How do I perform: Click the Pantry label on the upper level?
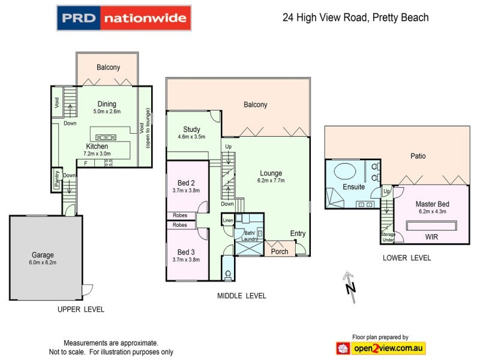point(56,179)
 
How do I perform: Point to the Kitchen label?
point(97,146)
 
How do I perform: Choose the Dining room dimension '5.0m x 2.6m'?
point(107,112)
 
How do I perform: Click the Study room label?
point(192,129)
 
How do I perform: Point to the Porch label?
point(280,251)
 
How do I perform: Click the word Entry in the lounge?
point(298,233)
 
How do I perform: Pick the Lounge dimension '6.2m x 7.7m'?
point(271,180)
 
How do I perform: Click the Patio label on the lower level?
point(418,156)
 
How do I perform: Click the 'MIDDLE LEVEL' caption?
point(242,296)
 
